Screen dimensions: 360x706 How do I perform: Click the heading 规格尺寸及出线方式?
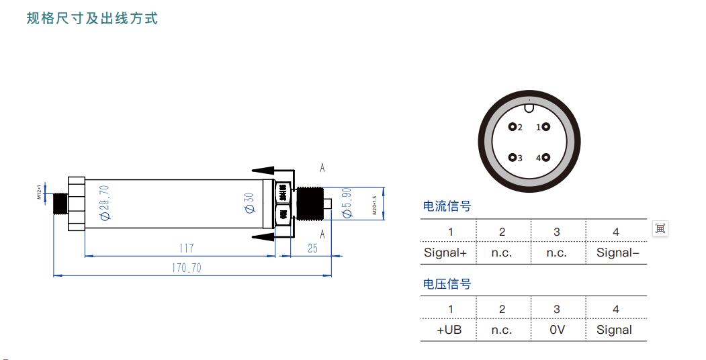(92, 18)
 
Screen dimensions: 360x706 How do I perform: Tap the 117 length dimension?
(186, 249)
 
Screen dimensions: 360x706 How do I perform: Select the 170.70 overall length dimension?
(185, 268)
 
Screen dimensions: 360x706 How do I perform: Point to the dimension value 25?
(312, 249)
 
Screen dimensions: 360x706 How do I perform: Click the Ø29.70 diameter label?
(105, 203)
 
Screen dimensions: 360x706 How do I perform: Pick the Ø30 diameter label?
(249, 204)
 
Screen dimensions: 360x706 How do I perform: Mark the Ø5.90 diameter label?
(347, 202)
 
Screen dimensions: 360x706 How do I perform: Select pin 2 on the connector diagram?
(513, 127)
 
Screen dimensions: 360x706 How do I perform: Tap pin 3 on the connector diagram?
(513, 158)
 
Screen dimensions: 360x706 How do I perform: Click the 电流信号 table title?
(447, 206)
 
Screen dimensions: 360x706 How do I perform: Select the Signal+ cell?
(445, 253)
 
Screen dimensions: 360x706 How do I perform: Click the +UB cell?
(449, 330)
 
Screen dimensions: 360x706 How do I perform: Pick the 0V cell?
(557, 330)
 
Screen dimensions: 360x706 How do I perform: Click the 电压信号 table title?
(447, 284)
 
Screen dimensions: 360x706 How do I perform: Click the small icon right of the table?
(660, 228)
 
